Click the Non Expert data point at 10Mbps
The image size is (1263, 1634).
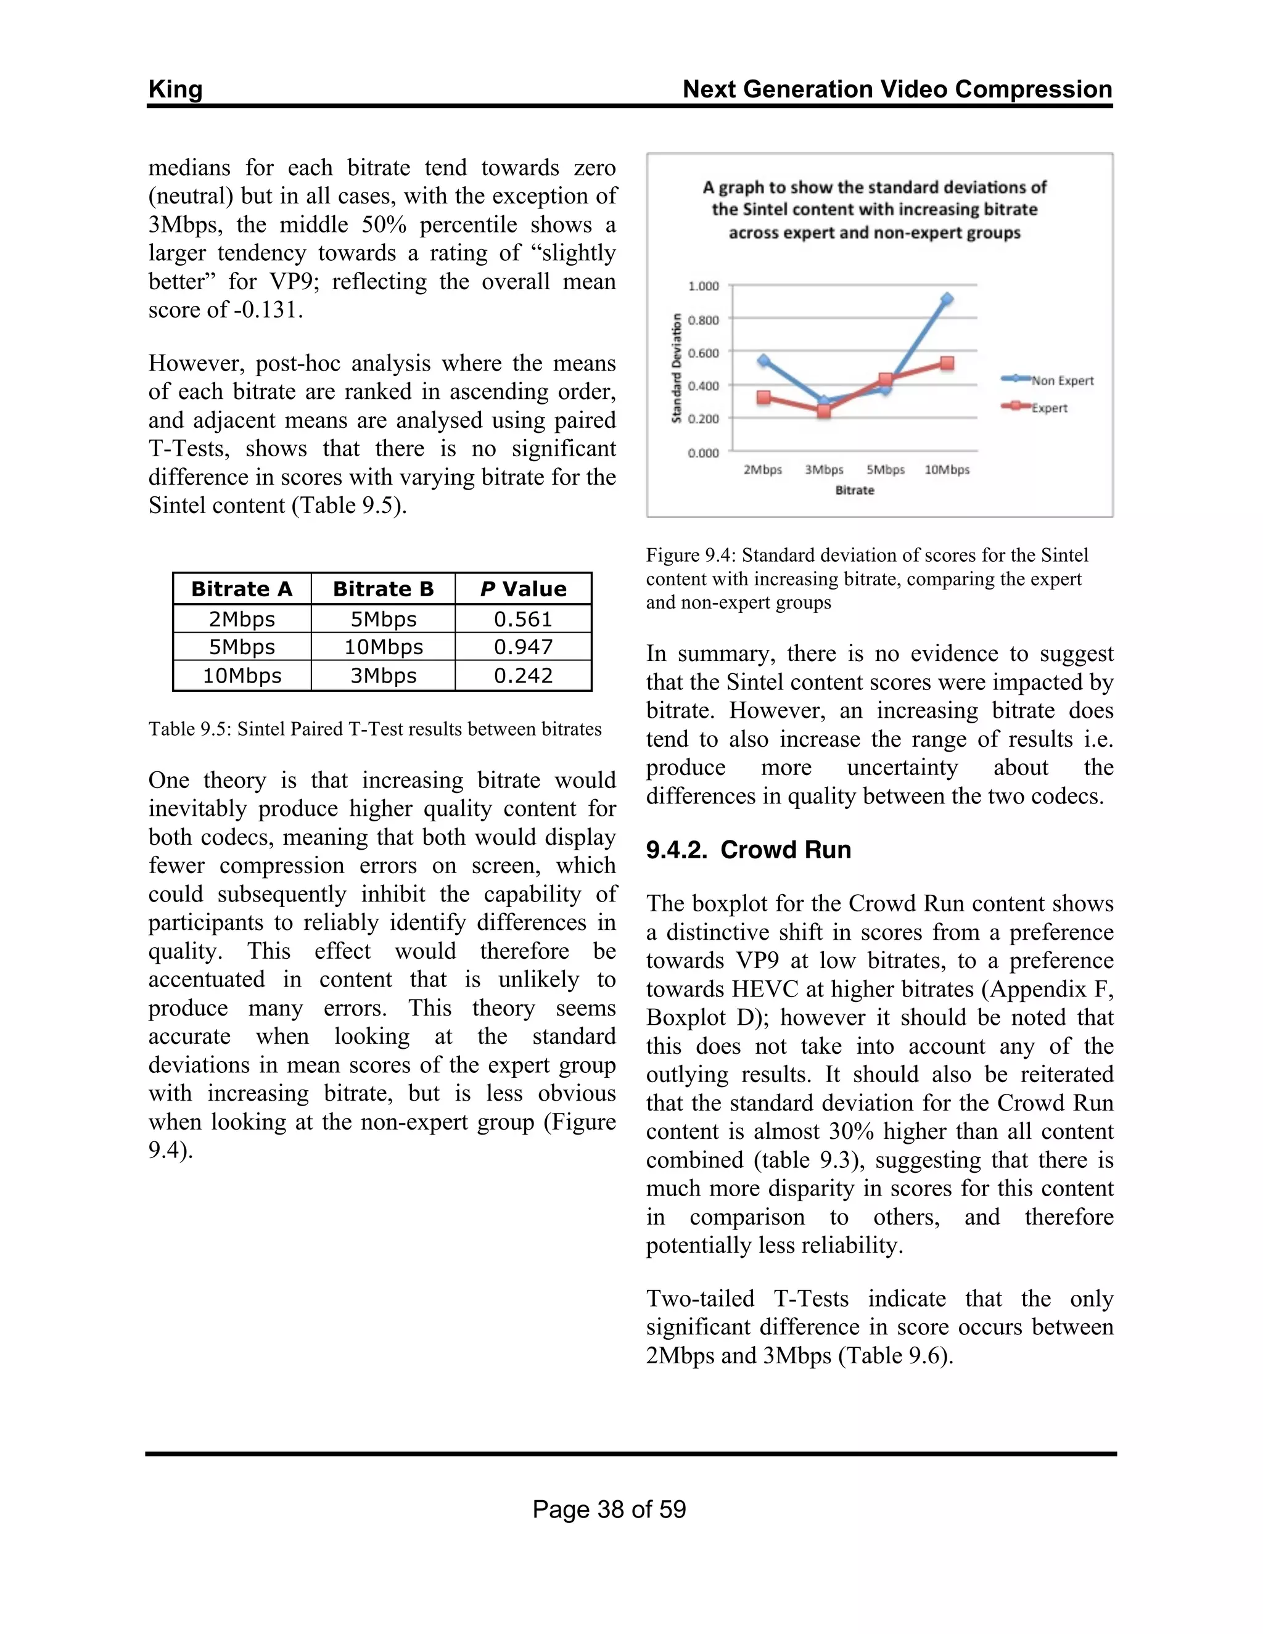[947, 299]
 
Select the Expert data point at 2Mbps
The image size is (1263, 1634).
[763, 397]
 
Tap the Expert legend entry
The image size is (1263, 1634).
[1048, 408]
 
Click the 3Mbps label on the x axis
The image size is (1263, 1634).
[824, 470]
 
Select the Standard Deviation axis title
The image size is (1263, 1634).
[677, 368]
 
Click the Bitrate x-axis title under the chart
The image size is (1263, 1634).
[855, 490]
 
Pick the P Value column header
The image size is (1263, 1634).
[523, 589]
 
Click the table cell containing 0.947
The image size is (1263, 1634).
[523, 647]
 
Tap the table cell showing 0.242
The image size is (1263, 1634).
[523, 676]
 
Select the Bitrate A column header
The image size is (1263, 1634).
[242, 589]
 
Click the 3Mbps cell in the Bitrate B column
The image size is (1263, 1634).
[383, 676]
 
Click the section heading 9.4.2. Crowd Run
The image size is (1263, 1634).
[748, 850]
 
